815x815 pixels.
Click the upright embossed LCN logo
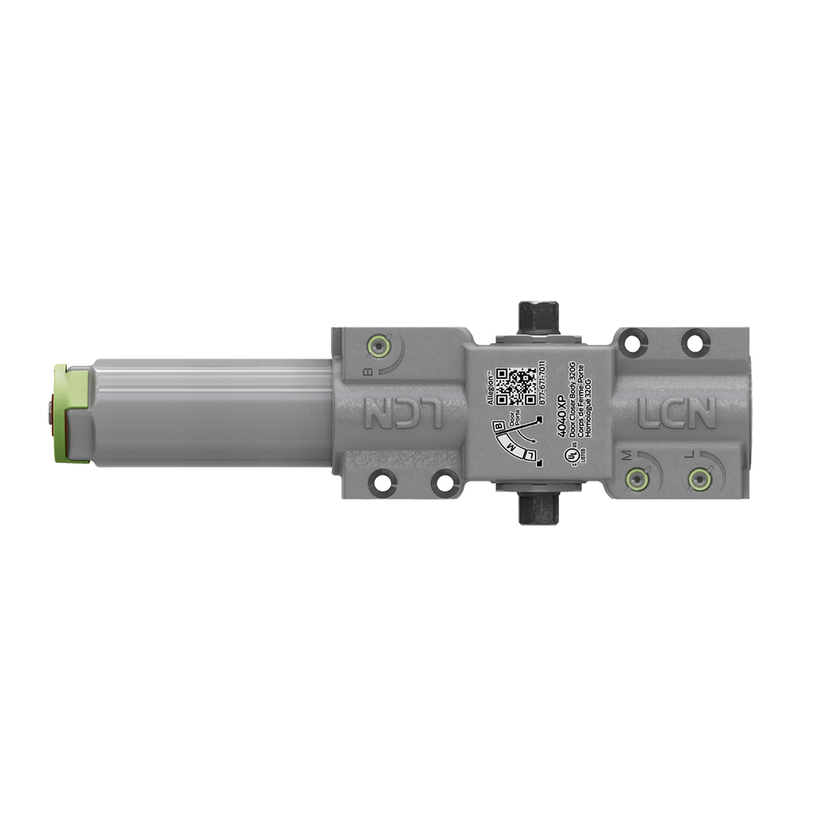[x=676, y=413]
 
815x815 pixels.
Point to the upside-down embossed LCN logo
[x=404, y=413]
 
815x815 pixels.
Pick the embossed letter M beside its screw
[x=628, y=454]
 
